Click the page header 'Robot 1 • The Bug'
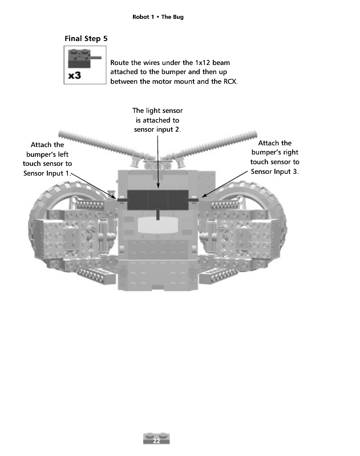(157, 17)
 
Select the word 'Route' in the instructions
(119, 62)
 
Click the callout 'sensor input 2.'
(157, 130)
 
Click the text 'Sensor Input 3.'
(274, 172)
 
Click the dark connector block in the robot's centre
(157, 199)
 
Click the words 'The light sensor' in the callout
(157, 111)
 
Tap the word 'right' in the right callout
(290, 153)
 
